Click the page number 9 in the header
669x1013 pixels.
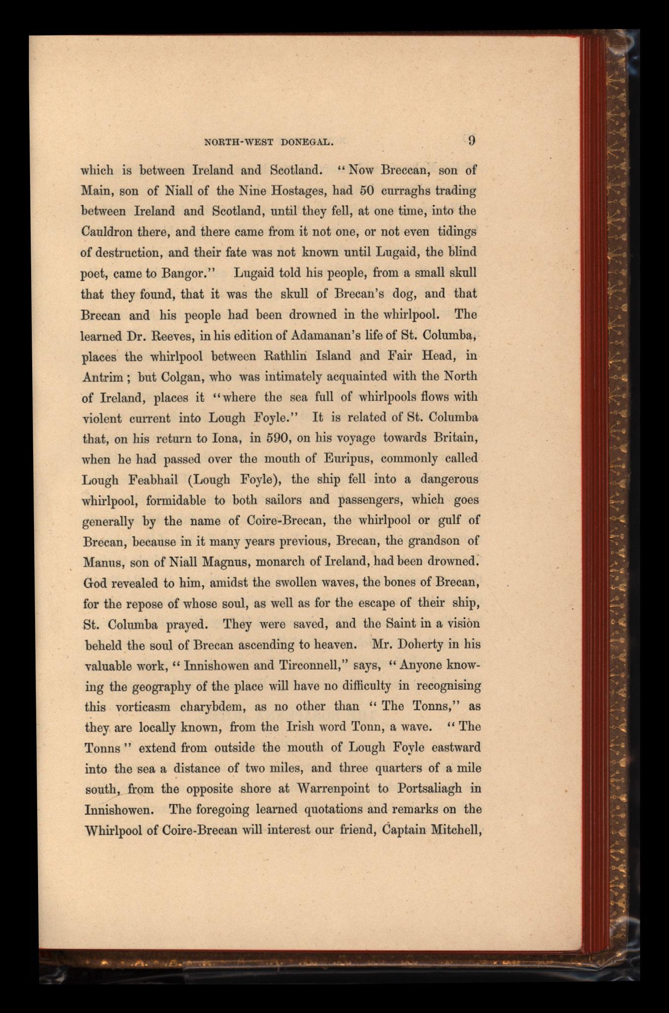click(x=471, y=140)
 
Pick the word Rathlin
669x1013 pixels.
click(x=295, y=356)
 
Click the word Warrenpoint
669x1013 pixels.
click(x=333, y=789)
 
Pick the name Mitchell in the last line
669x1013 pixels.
click(x=456, y=830)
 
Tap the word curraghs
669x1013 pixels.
click(x=411, y=191)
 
